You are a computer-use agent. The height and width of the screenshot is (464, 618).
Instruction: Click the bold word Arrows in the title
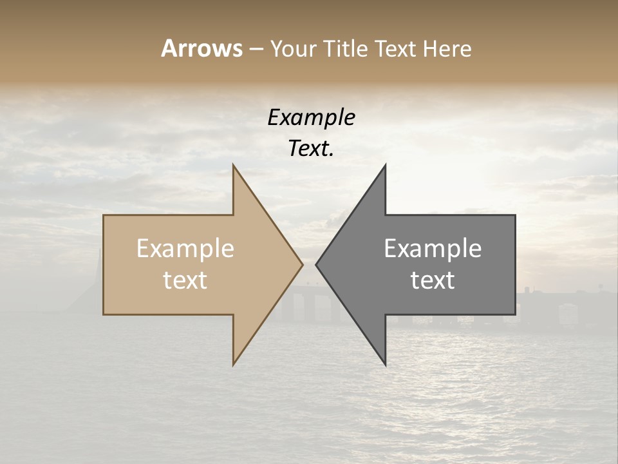(201, 48)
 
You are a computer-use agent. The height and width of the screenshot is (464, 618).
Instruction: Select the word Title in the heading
(346, 48)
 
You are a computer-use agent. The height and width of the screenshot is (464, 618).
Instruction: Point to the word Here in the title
(447, 48)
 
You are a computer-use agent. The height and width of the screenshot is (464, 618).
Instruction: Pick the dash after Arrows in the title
(256, 49)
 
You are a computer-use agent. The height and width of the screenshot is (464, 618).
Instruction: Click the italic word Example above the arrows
(311, 117)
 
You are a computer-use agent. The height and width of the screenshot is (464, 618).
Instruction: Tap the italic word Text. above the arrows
(311, 148)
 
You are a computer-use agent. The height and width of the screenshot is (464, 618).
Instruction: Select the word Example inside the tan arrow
(185, 249)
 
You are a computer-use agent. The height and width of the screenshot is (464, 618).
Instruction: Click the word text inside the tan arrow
(185, 280)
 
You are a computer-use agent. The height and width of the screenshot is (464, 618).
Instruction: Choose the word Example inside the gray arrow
(433, 249)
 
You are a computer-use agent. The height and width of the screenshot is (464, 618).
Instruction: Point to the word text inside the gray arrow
(433, 280)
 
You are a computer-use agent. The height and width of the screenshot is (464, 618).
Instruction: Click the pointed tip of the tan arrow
(302, 264)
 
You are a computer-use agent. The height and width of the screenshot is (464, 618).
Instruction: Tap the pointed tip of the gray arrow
(316, 264)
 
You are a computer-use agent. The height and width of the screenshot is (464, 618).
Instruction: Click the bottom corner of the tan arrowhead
(234, 364)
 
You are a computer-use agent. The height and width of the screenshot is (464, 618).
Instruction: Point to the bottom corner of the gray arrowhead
(385, 364)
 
